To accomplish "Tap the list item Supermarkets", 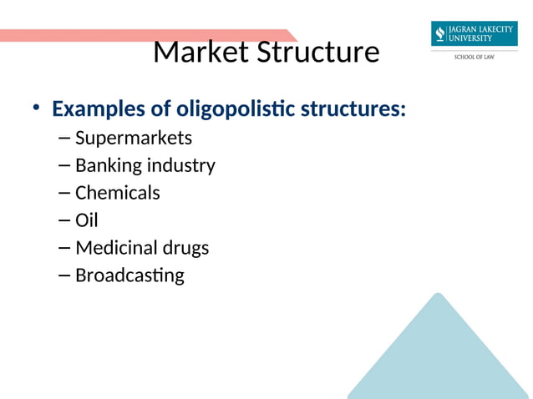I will click(134, 137).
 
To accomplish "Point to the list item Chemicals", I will click(117, 193).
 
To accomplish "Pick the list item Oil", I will click(87, 220).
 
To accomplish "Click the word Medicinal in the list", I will click(116, 248).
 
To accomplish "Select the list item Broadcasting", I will click(129, 275).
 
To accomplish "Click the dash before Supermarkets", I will click(66, 138).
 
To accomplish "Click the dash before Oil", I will click(66, 221).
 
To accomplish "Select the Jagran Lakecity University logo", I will click(474, 34).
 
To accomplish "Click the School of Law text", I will click(474, 58).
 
